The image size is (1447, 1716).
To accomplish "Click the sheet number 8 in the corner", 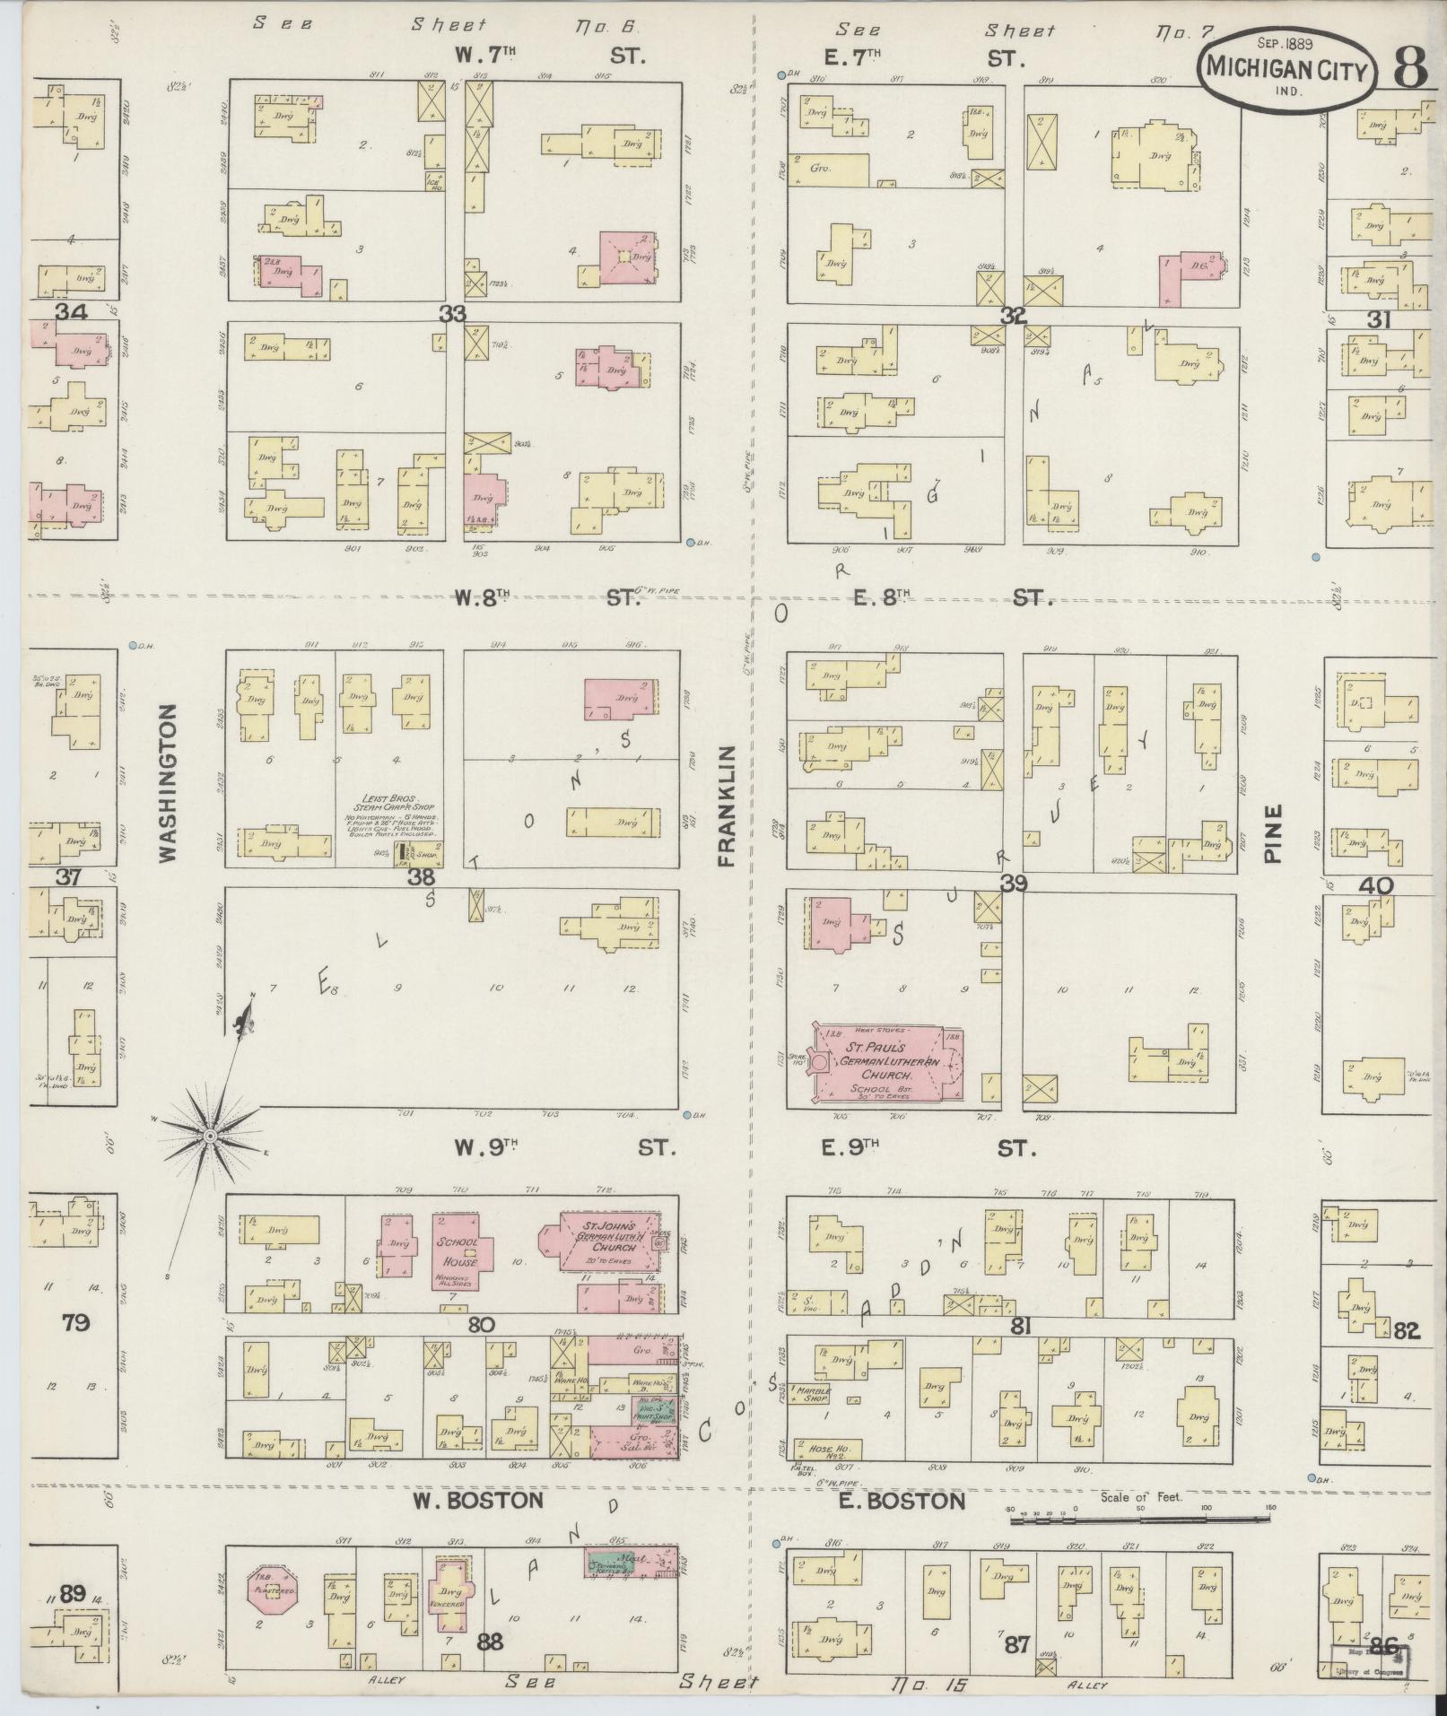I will pyautogui.click(x=1409, y=69).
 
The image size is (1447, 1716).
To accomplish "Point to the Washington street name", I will pyautogui.click(x=168, y=782).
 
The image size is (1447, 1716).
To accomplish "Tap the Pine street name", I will pyautogui.click(x=1274, y=832).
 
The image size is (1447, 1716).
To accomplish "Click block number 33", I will pyautogui.click(x=453, y=314).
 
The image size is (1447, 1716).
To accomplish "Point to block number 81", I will pyautogui.click(x=1019, y=1327).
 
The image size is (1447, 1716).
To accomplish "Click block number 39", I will pyautogui.click(x=1014, y=884).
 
